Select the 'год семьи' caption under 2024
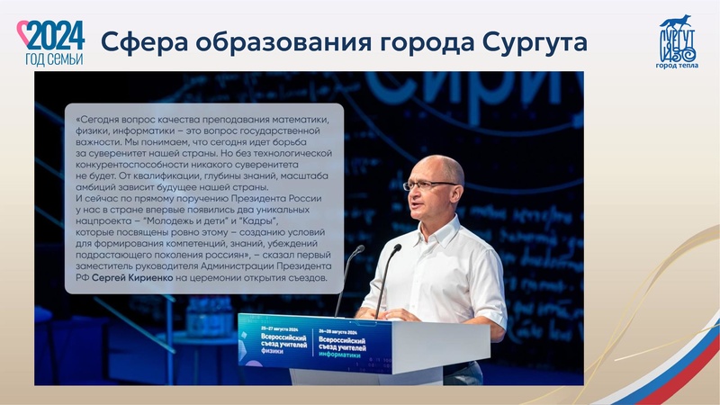pos(54,58)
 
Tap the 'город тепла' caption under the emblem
pos(679,65)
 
